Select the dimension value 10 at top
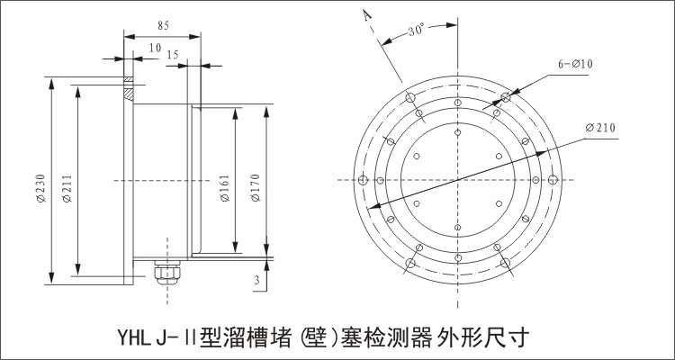point(156,48)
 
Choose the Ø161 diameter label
point(224,186)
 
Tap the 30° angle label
point(415,29)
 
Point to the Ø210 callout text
point(599,129)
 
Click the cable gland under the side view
point(166,270)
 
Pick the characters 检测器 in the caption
point(401,339)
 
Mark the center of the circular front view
point(458,180)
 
